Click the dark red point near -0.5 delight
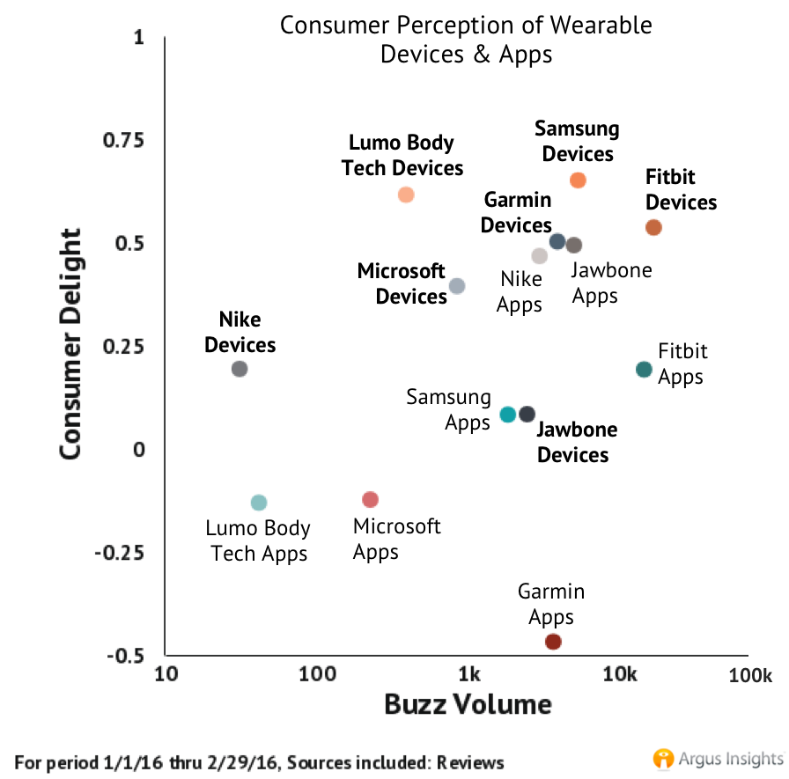click(x=553, y=642)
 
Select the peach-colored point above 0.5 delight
click(x=406, y=195)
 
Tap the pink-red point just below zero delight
click(x=371, y=500)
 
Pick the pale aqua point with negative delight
click(x=259, y=503)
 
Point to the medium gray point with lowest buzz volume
click(x=240, y=369)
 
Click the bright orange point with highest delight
click(x=579, y=180)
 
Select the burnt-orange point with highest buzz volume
click(x=653, y=228)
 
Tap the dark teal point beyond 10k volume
click(x=645, y=370)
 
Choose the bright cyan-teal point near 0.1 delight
click(x=508, y=415)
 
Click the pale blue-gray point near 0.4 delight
click(x=457, y=286)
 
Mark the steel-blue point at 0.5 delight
click(x=557, y=241)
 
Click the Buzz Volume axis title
click(x=468, y=705)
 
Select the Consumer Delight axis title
click(x=71, y=343)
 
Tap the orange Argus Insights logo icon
click(x=663, y=758)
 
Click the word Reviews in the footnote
click(x=471, y=762)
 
